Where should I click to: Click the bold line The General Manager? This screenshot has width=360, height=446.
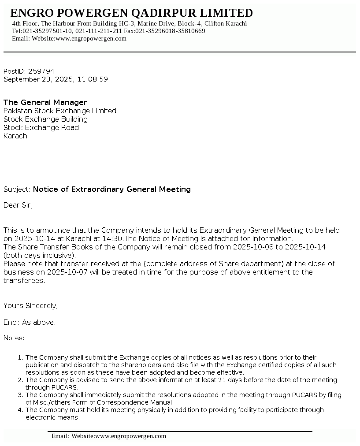click(45, 102)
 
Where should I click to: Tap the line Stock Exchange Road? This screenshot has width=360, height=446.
click(41, 127)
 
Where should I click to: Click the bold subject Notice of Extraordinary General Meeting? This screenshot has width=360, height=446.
click(112, 189)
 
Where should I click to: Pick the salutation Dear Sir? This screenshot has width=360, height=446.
click(18, 205)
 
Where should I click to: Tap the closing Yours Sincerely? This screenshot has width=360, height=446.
click(30, 305)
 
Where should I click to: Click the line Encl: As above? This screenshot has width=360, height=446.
click(30, 322)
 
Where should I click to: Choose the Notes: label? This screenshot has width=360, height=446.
click(14, 338)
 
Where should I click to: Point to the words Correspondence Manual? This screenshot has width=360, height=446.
click(141, 402)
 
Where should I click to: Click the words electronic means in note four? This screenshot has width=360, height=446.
click(52, 417)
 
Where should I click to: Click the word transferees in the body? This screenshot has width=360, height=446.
click(23, 280)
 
